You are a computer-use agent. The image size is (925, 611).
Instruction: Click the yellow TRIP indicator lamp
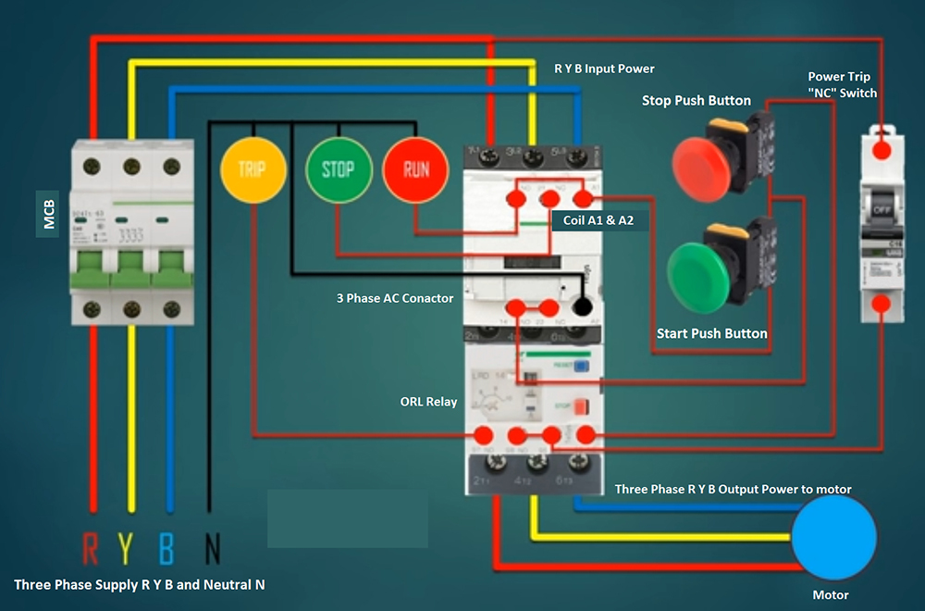tap(252, 169)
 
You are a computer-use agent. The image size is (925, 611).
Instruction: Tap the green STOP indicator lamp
tap(338, 169)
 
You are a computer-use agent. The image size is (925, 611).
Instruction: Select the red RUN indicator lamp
tap(415, 169)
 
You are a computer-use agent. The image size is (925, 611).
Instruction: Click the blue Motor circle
tap(833, 538)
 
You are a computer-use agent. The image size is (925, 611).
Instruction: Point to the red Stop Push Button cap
tap(702, 166)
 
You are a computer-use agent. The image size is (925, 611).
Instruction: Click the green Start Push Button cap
tap(699, 272)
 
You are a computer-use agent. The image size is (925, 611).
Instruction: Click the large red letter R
tap(91, 549)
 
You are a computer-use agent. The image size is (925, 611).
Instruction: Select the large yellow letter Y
tap(130, 549)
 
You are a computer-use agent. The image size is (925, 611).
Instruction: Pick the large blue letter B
tap(167, 549)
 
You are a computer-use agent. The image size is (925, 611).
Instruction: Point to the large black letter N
tap(212, 549)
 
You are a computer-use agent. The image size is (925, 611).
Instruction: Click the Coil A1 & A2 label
tap(598, 221)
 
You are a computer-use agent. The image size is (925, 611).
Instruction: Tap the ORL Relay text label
tap(428, 402)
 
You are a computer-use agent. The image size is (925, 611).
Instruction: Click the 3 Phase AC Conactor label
tap(395, 298)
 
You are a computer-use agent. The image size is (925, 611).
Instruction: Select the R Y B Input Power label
tap(604, 69)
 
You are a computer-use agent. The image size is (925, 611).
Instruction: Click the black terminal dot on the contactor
tap(583, 306)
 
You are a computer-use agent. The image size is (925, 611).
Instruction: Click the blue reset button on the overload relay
tap(581, 367)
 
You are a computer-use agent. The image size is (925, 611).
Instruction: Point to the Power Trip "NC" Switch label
tap(842, 85)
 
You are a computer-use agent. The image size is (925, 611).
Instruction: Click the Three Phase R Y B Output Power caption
tap(733, 489)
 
